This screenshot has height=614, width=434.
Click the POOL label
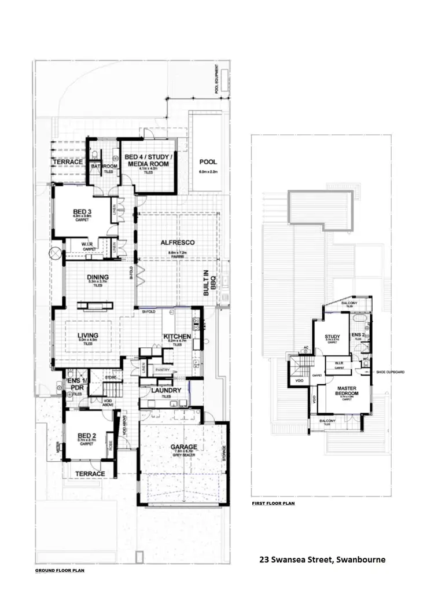tap(208, 162)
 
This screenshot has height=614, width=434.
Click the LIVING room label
tap(87, 335)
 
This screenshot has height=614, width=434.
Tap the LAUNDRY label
tap(166, 390)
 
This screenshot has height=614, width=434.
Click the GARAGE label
tap(183, 447)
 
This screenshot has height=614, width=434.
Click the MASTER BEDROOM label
tap(348, 391)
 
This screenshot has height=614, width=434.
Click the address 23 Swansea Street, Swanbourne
tap(321, 560)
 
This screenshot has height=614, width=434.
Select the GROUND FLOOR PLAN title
tap(60, 571)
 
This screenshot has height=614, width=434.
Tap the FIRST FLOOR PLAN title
tap(273, 503)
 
